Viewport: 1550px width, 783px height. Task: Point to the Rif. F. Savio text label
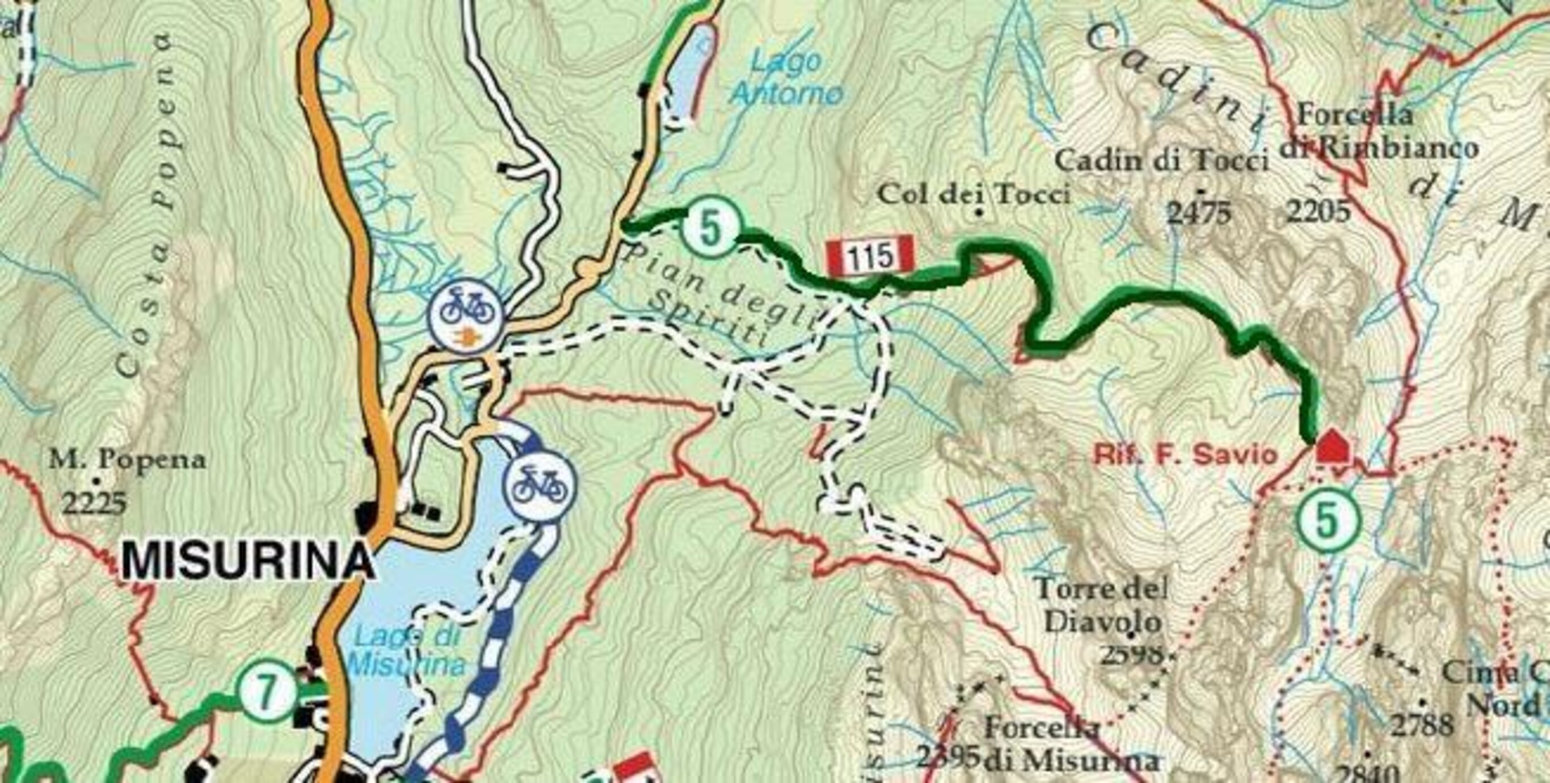[1185, 456]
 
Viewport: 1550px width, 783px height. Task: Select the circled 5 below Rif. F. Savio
[1328, 521]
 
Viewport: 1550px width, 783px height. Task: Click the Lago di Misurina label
[408, 651]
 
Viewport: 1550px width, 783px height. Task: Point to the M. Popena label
[128, 460]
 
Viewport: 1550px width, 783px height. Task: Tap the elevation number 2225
[95, 503]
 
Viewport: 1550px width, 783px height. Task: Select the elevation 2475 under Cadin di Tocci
[1199, 213]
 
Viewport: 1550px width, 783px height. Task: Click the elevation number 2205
[1318, 211]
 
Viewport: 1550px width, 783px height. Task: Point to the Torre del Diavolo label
[1102, 605]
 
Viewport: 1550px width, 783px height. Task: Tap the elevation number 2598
[1131, 654]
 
